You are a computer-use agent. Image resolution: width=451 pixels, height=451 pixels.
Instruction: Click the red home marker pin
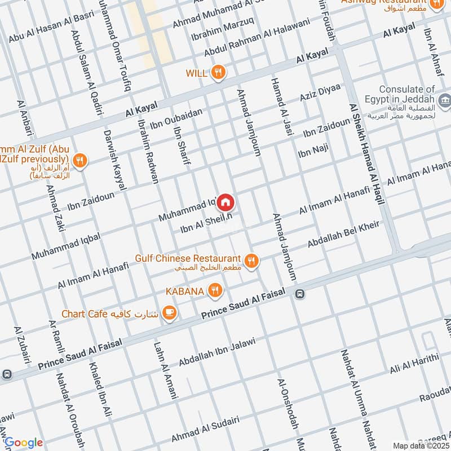(x=225, y=201)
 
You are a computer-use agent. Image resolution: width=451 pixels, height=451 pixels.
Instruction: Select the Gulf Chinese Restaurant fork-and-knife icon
(x=252, y=260)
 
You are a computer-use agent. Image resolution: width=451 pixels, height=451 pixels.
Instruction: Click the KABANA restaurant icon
(x=214, y=291)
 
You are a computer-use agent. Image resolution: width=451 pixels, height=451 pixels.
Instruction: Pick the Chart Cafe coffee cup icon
(x=169, y=312)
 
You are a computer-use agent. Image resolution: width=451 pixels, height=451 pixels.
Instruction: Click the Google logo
(x=23, y=442)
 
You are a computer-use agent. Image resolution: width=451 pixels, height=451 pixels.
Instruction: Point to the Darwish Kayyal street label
(x=115, y=160)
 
